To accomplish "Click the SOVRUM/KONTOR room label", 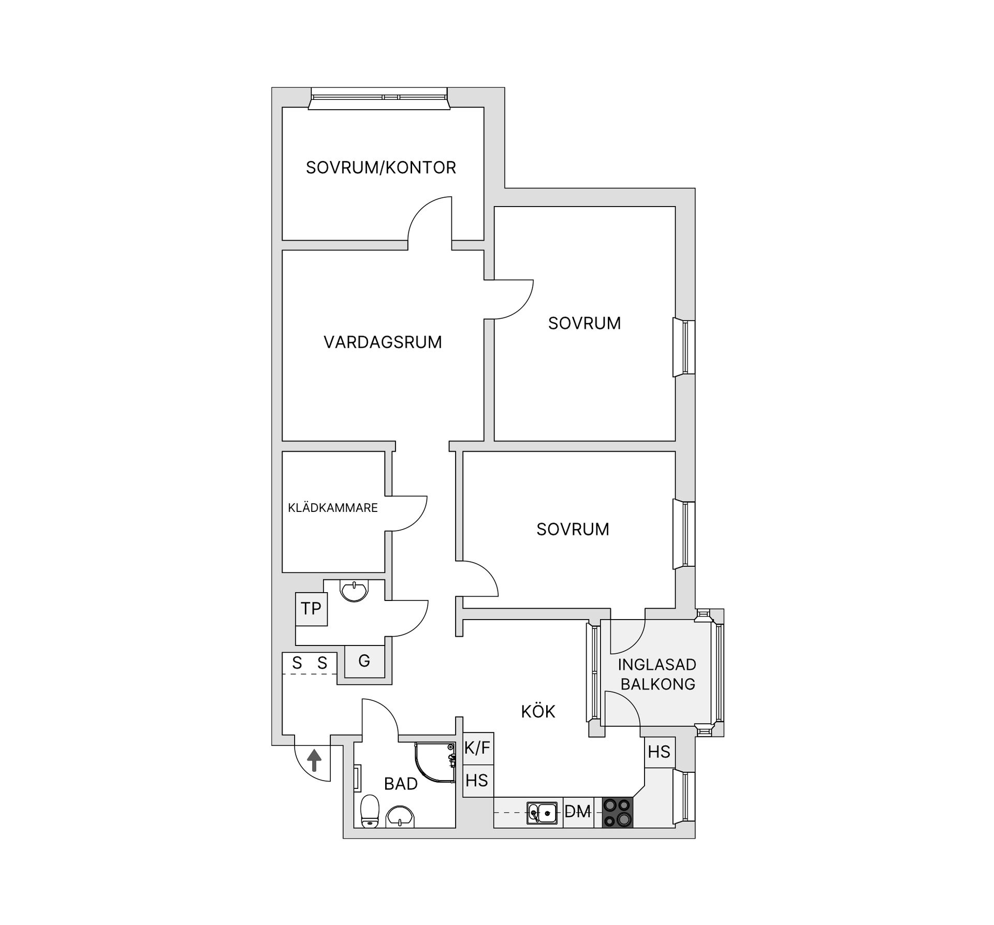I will coord(381,168).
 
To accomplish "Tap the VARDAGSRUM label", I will coord(383,342).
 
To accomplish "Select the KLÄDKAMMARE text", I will coord(333,508).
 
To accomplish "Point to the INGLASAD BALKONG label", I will coord(657,674).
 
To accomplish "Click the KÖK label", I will coord(538,712).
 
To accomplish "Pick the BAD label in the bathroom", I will coord(401,784).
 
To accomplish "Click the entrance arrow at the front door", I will coord(314,761).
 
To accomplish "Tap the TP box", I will coord(311,609).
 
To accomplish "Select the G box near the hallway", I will coord(364,661).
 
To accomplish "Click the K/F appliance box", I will coord(477,748).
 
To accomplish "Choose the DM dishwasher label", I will coord(578,812).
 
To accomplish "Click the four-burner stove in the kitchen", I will coord(618,812).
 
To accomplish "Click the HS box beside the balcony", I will coord(659,752).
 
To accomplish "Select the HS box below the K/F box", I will coord(477,781).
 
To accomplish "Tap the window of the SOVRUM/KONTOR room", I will coord(378,97).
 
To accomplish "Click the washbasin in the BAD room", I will coord(400,817).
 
